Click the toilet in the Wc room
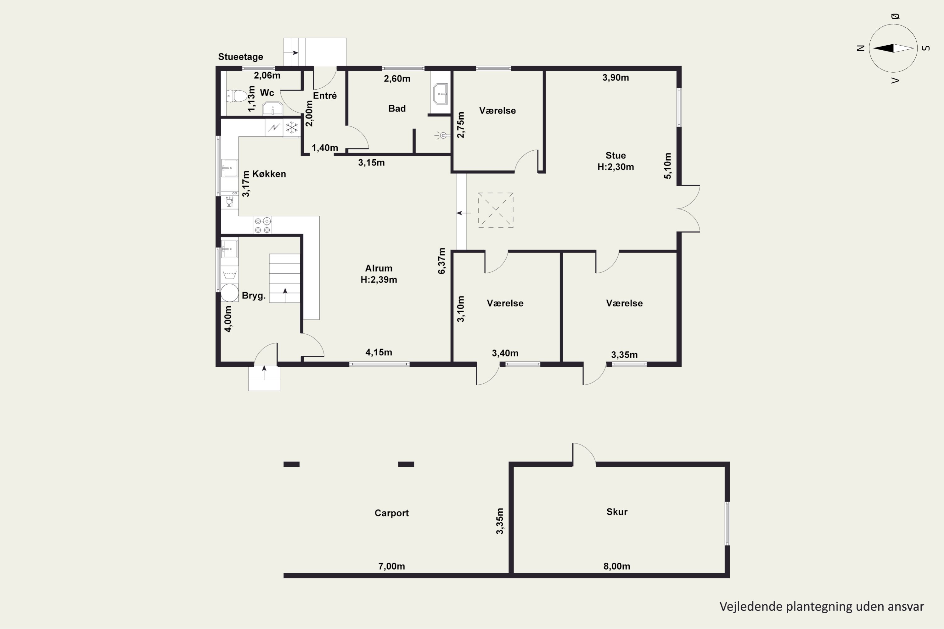point(237,96)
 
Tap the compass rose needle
point(893,48)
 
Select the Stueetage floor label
point(240,57)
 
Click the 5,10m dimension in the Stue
point(667,166)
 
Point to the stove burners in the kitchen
point(262,225)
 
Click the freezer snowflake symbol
point(292,128)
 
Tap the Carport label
point(391,513)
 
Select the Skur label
point(616,512)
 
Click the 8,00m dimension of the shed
point(616,566)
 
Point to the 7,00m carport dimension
point(391,566)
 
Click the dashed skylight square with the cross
point(496,210)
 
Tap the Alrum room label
point(379,268)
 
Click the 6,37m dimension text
point(441,261)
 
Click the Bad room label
point(397,109)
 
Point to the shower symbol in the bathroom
point(442,136)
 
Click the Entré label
point(325,96)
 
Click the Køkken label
point(269,174)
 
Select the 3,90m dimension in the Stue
point(615,78)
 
